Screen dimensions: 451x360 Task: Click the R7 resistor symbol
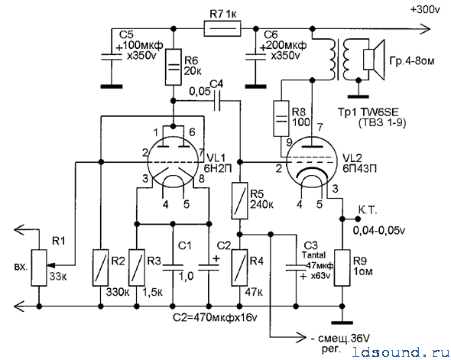point(222,28)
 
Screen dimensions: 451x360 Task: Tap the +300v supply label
point(425,10)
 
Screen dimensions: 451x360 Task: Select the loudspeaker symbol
point(374,60)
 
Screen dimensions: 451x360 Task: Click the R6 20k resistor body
point(174,67)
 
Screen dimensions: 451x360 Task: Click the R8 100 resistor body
point(281,118)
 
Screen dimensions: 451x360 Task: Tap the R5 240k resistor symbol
point(239,200)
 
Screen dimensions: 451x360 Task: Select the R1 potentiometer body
point(39,268)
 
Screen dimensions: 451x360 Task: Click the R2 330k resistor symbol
point(101,268)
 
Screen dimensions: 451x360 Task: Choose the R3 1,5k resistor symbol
point(137,268)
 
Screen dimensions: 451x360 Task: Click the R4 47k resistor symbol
point(239,268)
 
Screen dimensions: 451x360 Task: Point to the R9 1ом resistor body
point(342,268)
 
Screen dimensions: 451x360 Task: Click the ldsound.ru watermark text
point(401,352)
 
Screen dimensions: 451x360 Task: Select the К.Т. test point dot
point(358,219)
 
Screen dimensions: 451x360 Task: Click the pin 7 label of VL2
point(320,127)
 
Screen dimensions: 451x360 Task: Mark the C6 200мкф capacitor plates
point(255,57)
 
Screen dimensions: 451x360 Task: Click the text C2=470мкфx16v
point(215,318)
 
